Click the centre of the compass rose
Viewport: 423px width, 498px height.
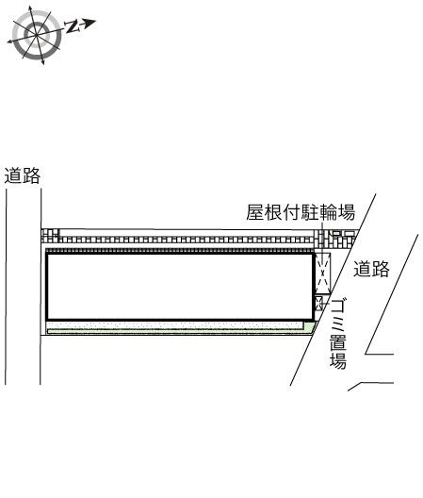(x=36, y=34)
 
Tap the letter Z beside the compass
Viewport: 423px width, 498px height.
(x=73, y=26)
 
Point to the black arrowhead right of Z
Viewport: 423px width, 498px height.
(x=89, y=23)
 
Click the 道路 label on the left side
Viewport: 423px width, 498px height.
(x=23, y=175)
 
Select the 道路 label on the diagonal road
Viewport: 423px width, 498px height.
(x=371, y=269)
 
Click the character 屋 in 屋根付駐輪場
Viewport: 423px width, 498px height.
(x=255, y=212)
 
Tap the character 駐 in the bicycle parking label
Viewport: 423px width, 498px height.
(x=310, y=212)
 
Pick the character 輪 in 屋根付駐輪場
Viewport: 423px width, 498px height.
(x=328, y=212)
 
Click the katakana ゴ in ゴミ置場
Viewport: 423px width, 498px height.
(x=338, y=307)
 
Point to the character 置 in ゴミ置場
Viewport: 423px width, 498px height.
(x=338, y=342)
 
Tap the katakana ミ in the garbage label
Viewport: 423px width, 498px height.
(x=338, y=324)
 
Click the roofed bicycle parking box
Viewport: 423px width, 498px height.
(x=323, y=274)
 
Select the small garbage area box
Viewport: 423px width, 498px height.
(x=319, y=303)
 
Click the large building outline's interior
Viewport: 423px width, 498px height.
(x=180, y=286)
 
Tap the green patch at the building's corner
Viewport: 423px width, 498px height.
(x=310, y=327)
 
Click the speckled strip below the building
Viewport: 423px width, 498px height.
(x=174, y=325)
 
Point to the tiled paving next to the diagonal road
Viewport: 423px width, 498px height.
(x=336, y=240)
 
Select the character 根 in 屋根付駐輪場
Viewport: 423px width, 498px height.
(x=273, y=212)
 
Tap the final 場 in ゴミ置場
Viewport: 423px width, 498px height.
(x=338, y=361)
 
